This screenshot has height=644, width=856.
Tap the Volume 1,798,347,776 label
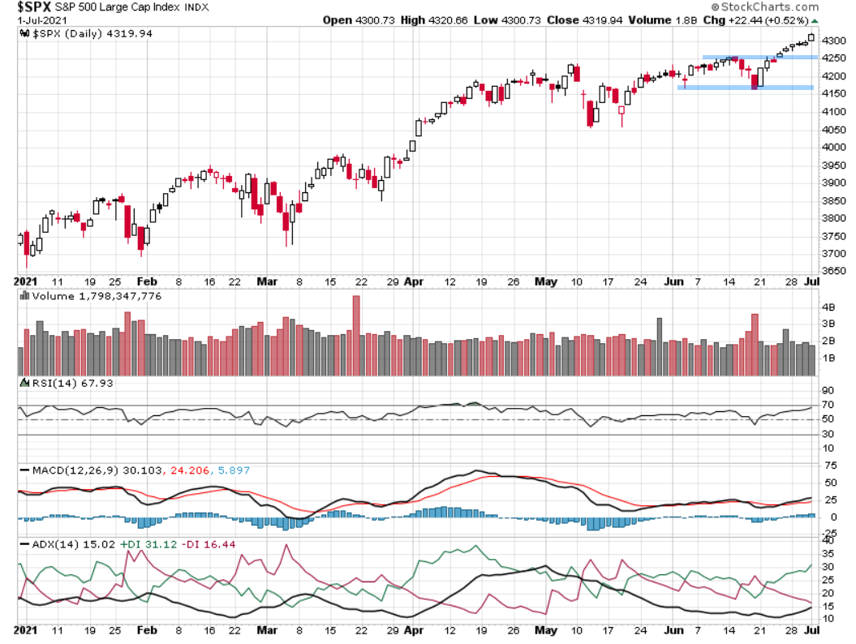pyautogui.click(x=97, y=296)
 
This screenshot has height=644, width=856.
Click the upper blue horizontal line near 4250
pyautogui.click(x=759, y=57)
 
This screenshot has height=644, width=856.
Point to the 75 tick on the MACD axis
pyautogui.click(x=830, y=466)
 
